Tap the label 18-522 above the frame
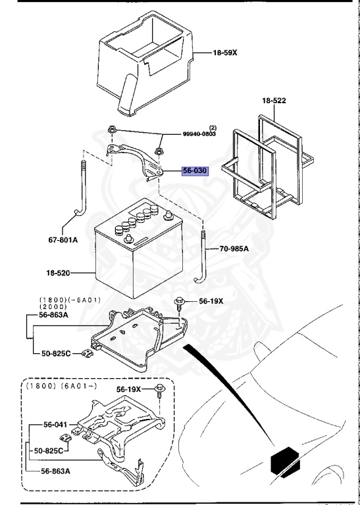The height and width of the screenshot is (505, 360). click(x=274, y=101)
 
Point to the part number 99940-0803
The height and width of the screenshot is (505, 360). click(x=200, y=134)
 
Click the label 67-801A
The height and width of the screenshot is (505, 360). click(x=63, y=240)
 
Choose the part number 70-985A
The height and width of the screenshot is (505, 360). click(x=235, y=250)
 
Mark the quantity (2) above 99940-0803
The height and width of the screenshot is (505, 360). click(x=213, y=127)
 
